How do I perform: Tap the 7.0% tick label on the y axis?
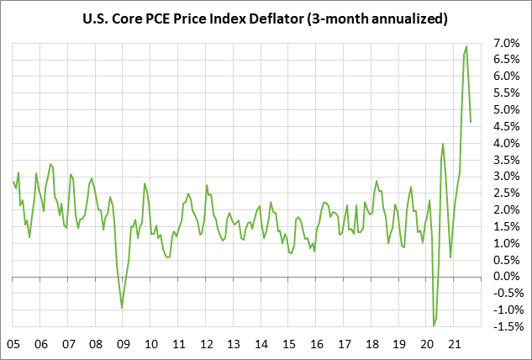click(507, 43)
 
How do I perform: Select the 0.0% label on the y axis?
click(507, 277)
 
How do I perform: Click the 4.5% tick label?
click(507, 126)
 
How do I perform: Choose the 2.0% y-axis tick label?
click(507, 209)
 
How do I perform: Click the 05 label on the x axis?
click(13, 344)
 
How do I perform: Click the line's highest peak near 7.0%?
click(466, 46)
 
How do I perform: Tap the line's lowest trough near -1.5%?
click(434, 326)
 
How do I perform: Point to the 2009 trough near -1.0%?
click(122, 308)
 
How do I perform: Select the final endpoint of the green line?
click(471, 122)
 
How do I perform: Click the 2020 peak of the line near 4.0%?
click(443, 144)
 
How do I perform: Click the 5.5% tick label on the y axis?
click(507, 93)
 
